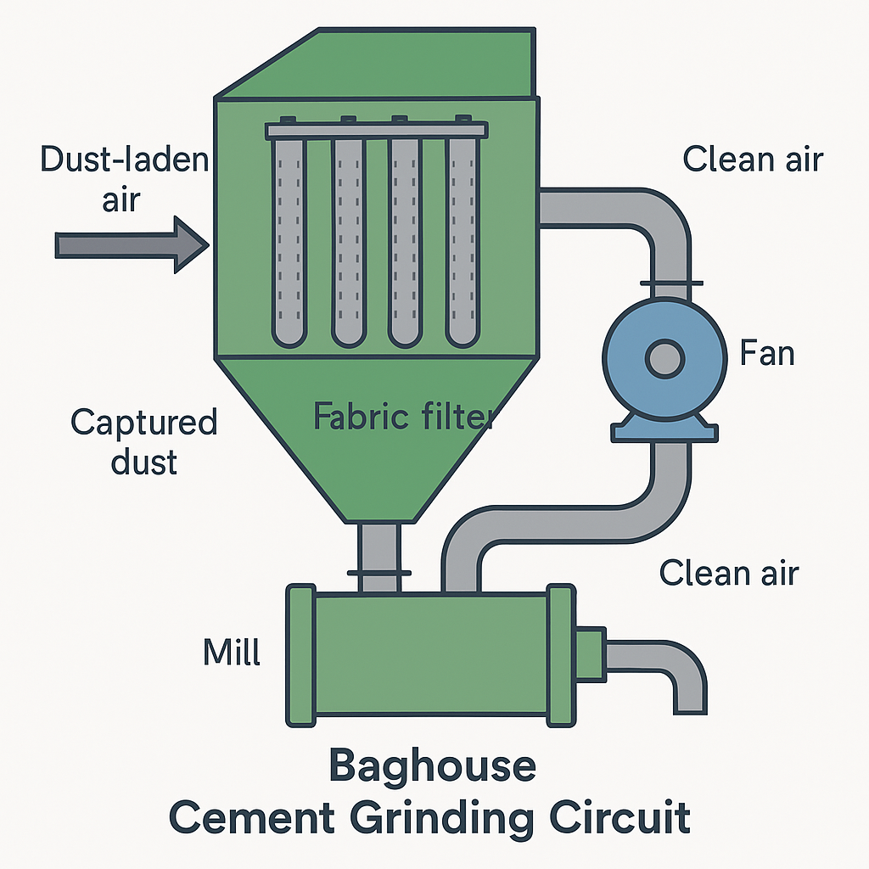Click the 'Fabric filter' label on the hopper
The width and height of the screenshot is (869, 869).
(x=403, y=416)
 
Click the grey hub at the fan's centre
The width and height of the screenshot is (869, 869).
(x=664, y=357)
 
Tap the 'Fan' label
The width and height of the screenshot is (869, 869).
(x=767, y=352)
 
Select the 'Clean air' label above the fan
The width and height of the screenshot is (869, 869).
(x=753, y=159)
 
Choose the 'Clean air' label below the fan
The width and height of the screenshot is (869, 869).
(x=729, y=573)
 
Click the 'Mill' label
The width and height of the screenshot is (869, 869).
(x=232, y=653)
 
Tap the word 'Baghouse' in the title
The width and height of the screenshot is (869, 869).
(x=432, y=766)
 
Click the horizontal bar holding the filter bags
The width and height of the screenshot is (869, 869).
(x=377, y=130)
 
